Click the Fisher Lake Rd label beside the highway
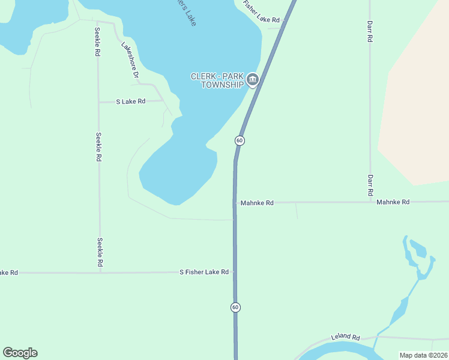(261, 13)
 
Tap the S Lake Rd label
(131, 101)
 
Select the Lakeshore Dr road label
(130, 61)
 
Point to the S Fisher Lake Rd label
(204, 272)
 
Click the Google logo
(20, 353)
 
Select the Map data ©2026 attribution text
(423, 355)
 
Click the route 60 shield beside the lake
(240, 140)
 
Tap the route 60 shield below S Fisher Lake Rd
(235, 307)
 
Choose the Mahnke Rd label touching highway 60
(257, 203)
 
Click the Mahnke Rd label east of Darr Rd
(393, 202)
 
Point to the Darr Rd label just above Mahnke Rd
(370, 185)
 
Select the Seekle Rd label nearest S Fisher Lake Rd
(100, 253)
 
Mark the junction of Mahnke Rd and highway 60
(235, 202)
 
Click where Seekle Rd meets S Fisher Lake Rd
(100, 272)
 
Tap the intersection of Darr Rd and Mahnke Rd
(370, 202)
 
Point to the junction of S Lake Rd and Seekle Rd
(99, 102)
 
